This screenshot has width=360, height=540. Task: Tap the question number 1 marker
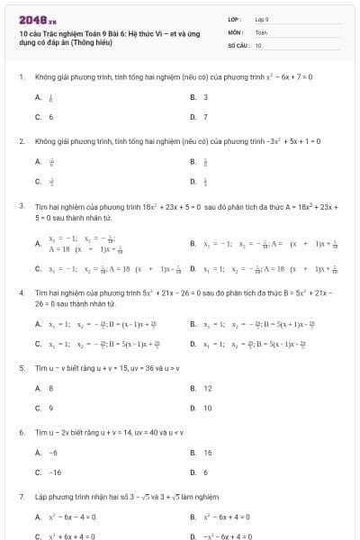21,77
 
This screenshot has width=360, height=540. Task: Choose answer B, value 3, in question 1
205,97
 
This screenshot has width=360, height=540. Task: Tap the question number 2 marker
21,142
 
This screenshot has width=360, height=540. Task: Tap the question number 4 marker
21,293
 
